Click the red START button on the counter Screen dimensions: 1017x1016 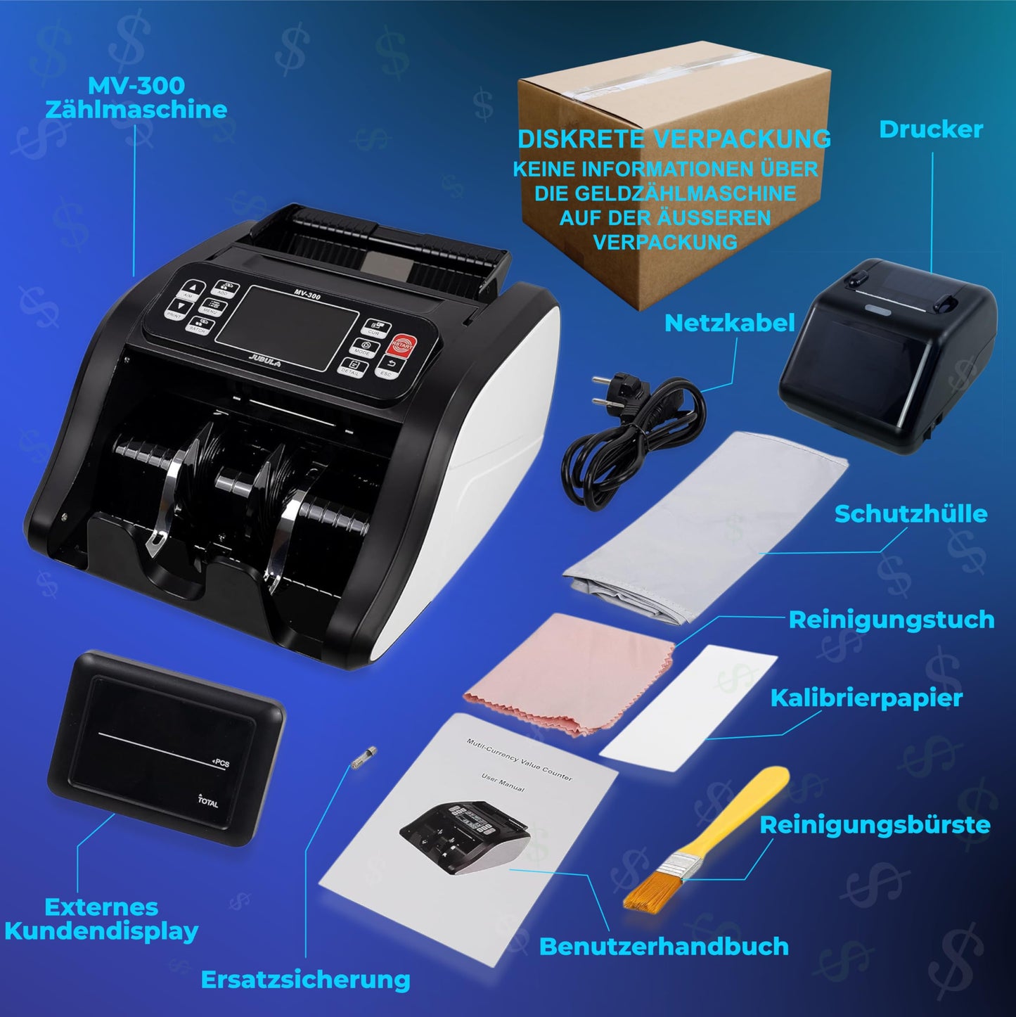pyautogui.click(x=401, y=345)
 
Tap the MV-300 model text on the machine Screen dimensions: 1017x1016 pyautogui.click(x=307, y=295)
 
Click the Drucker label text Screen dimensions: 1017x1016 pyautogui.click(x=930, y=129)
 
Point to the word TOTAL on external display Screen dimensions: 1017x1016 pyautogui.click(x=208, y=801)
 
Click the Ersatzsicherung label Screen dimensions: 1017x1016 pyautogui.click(x=306, y=979)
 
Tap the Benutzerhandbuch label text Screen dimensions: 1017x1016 pyautogui.click(x=664, y=947)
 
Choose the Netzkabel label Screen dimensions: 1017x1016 pyautogui.click(x=729, y=323)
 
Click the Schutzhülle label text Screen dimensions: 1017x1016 pyautogui.click(x=911, y=513)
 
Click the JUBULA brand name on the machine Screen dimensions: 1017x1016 pyautogui.click(x=264, y=362)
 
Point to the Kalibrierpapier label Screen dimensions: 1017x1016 pyautogui.click(x=866, y=698)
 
